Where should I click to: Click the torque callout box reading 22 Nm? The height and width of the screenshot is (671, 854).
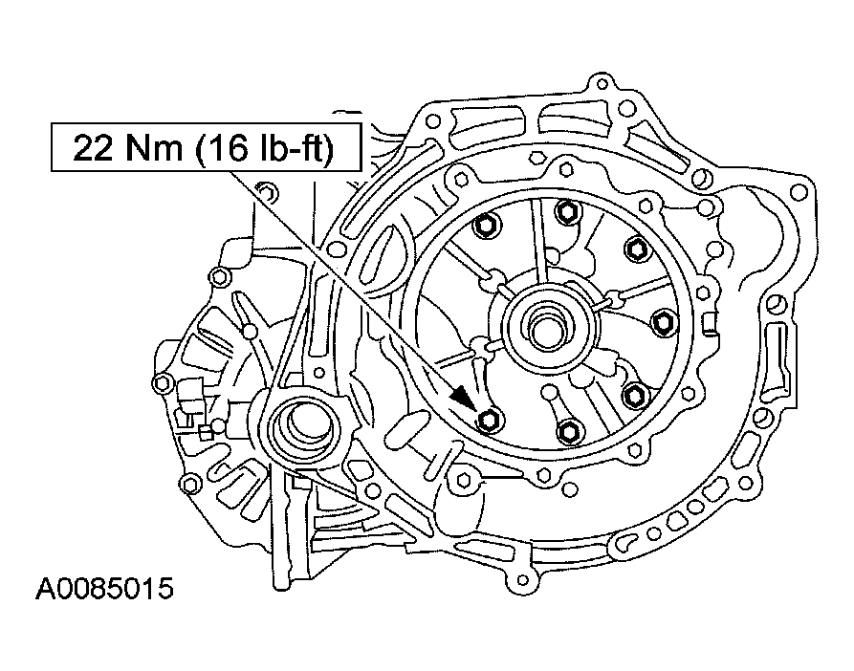click(x=206, y=147)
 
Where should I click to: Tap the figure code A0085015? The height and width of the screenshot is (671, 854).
click(x=104, y=589)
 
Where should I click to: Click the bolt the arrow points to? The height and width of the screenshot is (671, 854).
click(x=490, y=420)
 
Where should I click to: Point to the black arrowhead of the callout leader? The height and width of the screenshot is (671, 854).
click(x=463, y=399)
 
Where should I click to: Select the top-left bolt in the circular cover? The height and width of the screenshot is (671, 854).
click(x=485, y=226)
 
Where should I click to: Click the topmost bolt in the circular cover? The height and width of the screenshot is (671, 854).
click(x=567, y=211)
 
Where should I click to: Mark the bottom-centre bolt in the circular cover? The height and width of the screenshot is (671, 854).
click(x=569, y=430)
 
